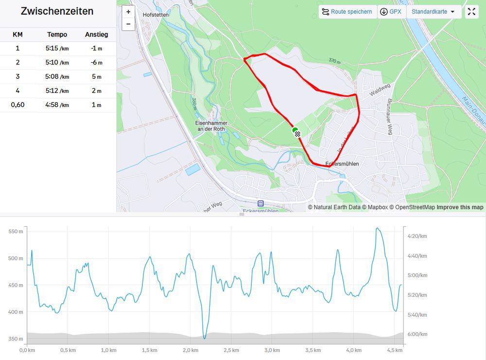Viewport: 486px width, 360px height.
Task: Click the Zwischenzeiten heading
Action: [x=57, y=12]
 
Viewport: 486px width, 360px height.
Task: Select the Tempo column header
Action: [x=57, y=35]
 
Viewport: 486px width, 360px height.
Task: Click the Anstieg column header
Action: [x=96, y=35]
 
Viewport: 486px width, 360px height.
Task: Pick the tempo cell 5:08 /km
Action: [x=57, y=76]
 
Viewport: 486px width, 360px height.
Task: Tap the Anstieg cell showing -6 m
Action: [x=96, y=62]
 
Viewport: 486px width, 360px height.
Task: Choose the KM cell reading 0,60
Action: [x=17, y=105]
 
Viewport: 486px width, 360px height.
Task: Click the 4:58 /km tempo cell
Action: [x=57, y=105]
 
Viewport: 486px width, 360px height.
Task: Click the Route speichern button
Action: [x=347, y=12]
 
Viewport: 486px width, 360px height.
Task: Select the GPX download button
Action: [x=391, y=12]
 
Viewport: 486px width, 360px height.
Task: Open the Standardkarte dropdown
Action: [x=434, y=12]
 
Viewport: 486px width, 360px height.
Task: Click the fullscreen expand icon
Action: [x=471, y=12]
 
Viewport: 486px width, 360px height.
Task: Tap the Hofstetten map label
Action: [x=156, y=15]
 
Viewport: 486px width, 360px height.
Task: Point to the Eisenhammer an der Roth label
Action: [x=211, y=126]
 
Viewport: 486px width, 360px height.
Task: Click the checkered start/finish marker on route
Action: [x=297, y=134]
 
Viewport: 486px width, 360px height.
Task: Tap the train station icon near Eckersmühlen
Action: [x=260, y=203]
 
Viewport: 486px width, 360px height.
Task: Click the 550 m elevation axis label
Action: [x=16, y=232]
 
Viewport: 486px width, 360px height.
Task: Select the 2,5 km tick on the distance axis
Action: [x=231, y=350]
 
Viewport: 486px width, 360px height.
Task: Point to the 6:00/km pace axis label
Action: [x=417, y=334]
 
